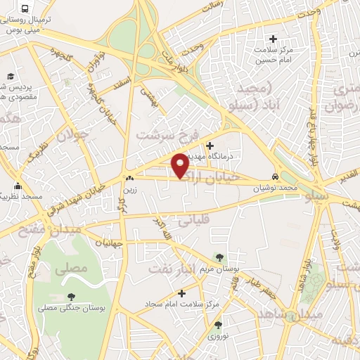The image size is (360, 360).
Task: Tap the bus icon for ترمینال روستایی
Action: click(x=25, y=9)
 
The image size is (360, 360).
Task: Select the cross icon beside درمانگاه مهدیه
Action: click(x=209, y=145)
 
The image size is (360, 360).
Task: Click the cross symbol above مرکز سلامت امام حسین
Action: click(x=274, y=38)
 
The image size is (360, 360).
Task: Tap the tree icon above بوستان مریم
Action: click(x=220, y=257)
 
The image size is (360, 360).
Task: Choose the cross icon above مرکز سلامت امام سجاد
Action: click(x=181, y=293)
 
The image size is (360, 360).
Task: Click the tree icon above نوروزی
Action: click(x=217, y=325)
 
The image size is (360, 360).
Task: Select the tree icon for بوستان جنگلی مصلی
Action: click(x=70, y=297)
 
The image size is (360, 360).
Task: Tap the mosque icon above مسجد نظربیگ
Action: click(x=18, y=188)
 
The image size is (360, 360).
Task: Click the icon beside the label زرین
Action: click(x=129, y=179)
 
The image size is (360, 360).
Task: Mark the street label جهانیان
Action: click(x=107, y=243)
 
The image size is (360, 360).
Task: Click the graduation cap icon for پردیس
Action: click(x=11, y=76)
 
